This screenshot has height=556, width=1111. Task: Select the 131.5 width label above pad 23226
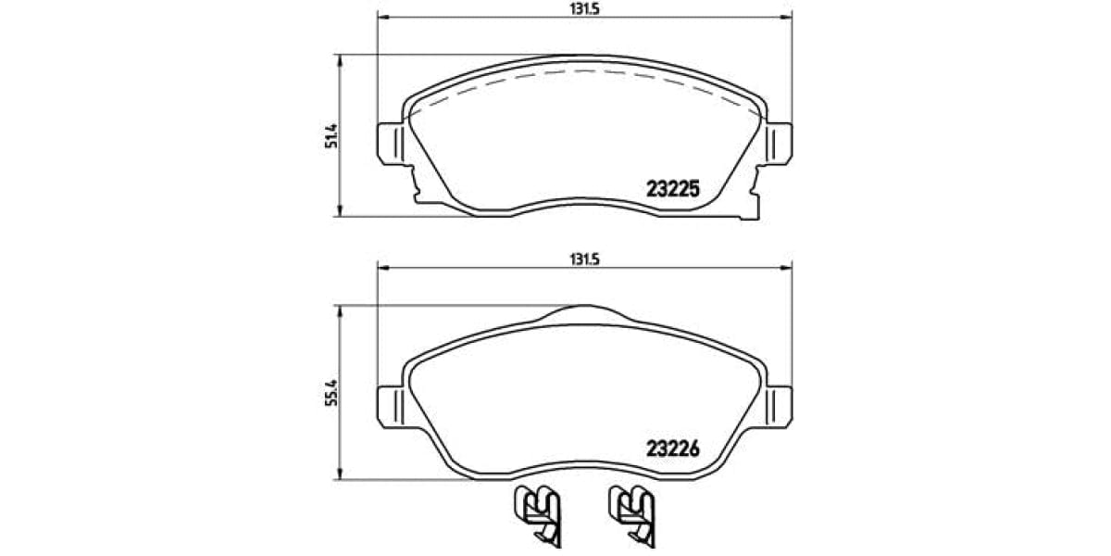[583, 260]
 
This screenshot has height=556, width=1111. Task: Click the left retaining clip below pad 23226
[537, 515]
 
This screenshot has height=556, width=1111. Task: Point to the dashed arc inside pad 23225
[583, 71]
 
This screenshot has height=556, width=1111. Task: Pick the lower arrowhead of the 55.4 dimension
[342, 478]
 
